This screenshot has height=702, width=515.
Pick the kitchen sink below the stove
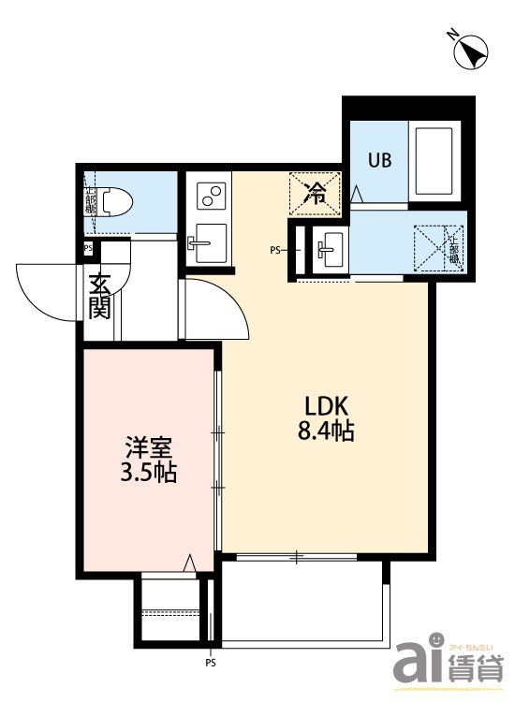(207, 246)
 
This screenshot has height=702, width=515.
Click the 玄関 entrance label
(100, 295)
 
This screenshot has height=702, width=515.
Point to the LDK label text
(326, 406)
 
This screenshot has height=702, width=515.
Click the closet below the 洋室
(169, 609)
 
